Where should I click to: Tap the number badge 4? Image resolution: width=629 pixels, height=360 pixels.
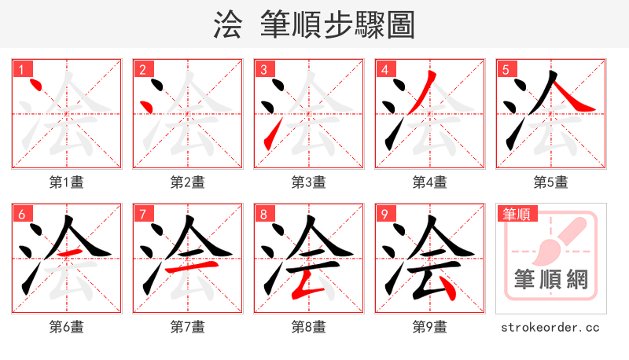point(384,69)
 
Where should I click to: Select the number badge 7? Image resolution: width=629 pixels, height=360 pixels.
point(142,214)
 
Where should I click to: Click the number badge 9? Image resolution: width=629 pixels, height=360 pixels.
point(384,214)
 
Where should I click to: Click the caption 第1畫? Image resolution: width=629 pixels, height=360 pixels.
point(67,182)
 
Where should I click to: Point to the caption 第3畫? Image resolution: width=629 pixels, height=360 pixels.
point(309,182)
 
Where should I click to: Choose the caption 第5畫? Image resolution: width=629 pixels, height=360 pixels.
point(551,182)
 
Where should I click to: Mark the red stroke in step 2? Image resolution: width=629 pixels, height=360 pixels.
point(146,105)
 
